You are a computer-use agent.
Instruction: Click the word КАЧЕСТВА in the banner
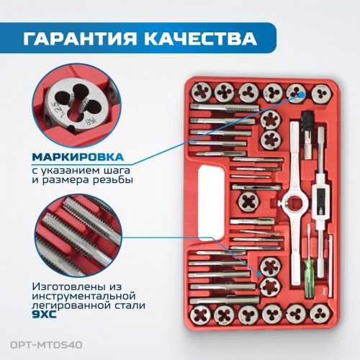(200, 38)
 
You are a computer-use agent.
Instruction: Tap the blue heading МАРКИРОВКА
(78, 157)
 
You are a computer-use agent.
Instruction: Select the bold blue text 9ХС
(44, 315)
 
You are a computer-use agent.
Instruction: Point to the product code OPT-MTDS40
(46, 345)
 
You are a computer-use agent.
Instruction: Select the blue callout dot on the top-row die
(302, 94)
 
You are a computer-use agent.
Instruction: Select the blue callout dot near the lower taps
(258, 274)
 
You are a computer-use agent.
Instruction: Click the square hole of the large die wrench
(295, 204)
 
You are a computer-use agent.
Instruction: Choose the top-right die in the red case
(321, 94)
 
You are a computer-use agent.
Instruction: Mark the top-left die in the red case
(202, 91)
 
